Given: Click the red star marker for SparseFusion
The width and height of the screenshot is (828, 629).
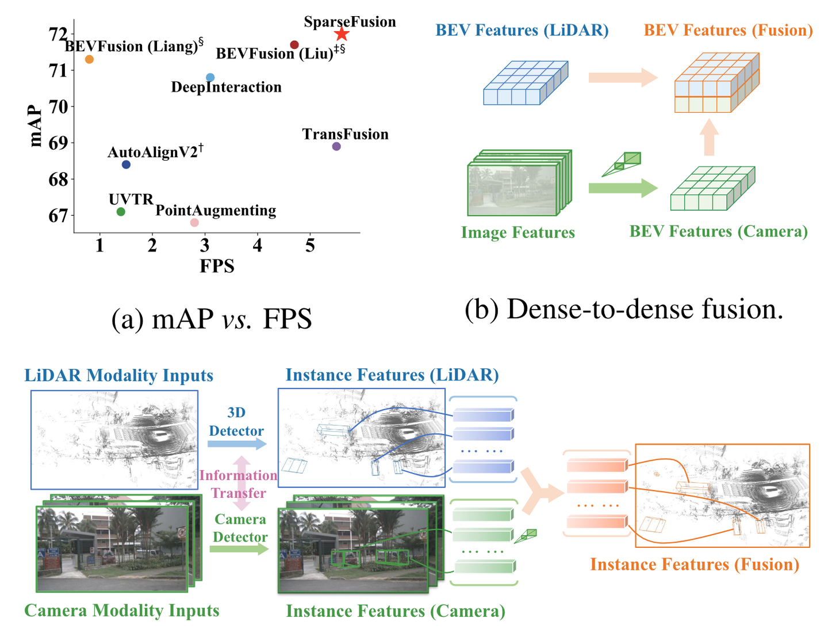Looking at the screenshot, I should [342, 34].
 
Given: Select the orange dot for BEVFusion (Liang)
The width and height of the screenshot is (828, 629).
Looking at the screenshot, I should [89, 59].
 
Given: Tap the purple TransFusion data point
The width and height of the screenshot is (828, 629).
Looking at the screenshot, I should [336, 146].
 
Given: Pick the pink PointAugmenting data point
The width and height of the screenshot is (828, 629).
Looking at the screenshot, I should [194, 223].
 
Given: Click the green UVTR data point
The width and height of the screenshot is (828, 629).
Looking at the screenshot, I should [121, 212].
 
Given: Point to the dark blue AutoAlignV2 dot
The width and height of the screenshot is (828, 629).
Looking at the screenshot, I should [126, 165].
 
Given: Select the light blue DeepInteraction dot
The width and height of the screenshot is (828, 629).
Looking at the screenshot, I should [210, 78].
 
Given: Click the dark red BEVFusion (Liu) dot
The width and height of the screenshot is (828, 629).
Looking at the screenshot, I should [294, 45].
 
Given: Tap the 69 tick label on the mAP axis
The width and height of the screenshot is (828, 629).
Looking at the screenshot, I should [57, 143].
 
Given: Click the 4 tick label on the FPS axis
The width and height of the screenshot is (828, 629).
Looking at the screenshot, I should [258, 246].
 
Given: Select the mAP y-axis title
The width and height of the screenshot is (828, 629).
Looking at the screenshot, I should [35, 126].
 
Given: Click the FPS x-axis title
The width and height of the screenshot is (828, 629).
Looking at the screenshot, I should [217, 266].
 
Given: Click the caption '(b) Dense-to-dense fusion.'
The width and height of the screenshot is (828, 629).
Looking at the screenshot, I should [624, 309].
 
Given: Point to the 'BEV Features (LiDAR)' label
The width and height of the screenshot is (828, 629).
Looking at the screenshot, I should [522, 30].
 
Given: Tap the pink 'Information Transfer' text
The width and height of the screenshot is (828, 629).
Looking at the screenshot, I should [239, 484].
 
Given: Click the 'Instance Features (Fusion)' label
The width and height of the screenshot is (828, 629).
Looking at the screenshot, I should [695, 565].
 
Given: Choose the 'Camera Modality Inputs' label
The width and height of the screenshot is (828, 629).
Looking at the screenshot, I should [122, 611].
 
